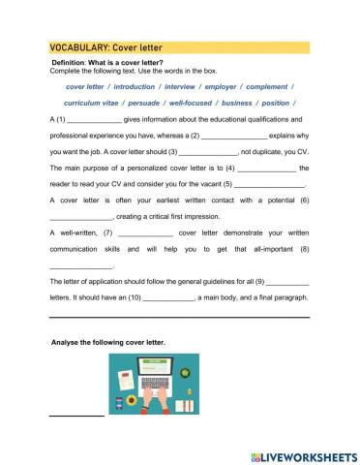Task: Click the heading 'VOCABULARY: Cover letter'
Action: [105, 46]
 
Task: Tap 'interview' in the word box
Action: [195, 84]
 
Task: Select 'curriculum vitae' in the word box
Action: [94, 102]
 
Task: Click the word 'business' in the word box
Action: [255, 102]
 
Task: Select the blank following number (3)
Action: [209, 153]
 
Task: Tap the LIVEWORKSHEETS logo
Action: [303, 454]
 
